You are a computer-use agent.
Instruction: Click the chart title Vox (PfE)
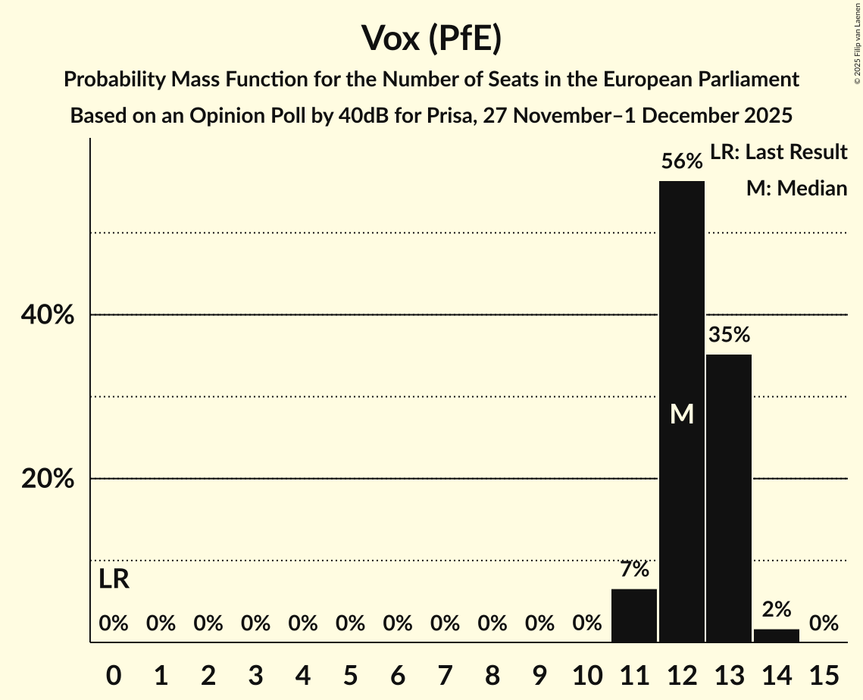(431, 38)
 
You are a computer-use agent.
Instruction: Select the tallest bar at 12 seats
(682, 341)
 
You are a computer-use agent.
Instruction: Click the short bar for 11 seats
(634, 615)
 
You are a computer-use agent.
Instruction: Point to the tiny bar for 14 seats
(777, 635)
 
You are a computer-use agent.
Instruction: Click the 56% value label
(682, 161)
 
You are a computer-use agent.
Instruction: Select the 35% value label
(729, 335)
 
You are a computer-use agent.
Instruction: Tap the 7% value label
(634, 570)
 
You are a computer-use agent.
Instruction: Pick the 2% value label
(777, 609)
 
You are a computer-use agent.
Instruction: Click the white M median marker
(682, 414)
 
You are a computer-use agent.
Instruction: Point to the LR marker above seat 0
(114, 580)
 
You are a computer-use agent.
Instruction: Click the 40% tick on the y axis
(48, 315)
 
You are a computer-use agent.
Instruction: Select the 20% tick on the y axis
(48, 480)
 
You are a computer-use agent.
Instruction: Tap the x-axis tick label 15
(824, 674)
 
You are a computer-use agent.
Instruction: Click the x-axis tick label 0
(114, 674)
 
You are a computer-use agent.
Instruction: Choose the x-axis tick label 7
(445, 674)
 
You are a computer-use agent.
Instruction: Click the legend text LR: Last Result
(778, 152)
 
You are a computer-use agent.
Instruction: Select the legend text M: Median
(796, 189)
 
